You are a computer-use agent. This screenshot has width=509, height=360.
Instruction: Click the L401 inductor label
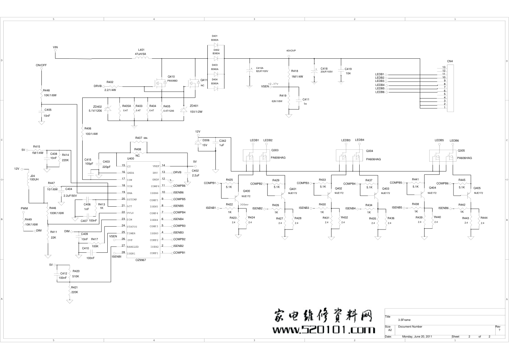point(141,50)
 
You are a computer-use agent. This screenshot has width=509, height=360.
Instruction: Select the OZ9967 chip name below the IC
point(141,260)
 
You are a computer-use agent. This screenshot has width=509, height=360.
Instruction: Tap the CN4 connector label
point(450,61)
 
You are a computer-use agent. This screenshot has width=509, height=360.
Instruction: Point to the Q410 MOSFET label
point(171,76)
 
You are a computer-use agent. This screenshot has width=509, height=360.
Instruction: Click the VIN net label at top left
point(55,47)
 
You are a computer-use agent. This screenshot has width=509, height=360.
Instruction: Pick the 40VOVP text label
point(291,51)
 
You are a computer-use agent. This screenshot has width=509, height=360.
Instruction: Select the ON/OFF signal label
point(41,65)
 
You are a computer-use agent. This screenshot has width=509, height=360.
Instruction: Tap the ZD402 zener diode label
point(98,107)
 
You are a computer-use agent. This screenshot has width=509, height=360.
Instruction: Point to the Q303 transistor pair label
point(275,150)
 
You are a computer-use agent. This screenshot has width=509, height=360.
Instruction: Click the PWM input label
point(24,208)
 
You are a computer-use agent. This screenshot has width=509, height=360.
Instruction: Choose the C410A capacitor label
point(260,68)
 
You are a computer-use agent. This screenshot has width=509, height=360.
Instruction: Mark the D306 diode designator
point(206,140)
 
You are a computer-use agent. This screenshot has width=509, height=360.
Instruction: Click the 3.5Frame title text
point(404,320)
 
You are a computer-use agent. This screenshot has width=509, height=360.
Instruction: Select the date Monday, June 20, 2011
point(417,336)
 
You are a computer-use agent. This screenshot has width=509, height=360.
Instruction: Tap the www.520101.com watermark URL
point(324,330)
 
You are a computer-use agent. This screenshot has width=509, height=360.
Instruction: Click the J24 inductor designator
point(32,176)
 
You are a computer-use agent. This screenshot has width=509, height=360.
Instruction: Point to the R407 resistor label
point(139,138)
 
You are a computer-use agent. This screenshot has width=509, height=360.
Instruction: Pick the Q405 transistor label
point(477,188)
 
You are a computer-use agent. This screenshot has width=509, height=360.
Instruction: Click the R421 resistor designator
point(75,287)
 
